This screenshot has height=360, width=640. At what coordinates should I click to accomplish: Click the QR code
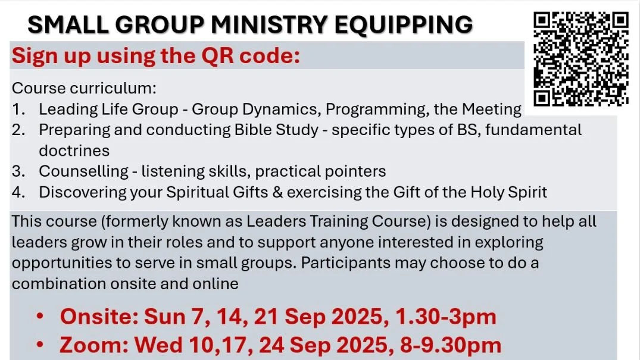[x=581, y=59]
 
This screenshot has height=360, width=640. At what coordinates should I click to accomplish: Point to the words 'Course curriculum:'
[x=84, y=89]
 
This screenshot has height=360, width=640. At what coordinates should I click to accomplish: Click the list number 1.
[x=17, y=109]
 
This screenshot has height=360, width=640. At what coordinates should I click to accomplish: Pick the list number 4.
[x=17, y=193]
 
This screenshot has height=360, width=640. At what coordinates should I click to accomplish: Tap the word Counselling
[x=83, y=171]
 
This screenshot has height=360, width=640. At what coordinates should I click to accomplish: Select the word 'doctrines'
[x=74, y=151]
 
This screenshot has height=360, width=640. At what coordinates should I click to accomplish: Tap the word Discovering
[x=88, y=193]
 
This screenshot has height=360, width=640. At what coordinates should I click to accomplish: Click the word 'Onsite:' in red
[x=99, y=317]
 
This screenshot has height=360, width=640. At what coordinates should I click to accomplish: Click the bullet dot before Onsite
[x=40, y=317]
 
